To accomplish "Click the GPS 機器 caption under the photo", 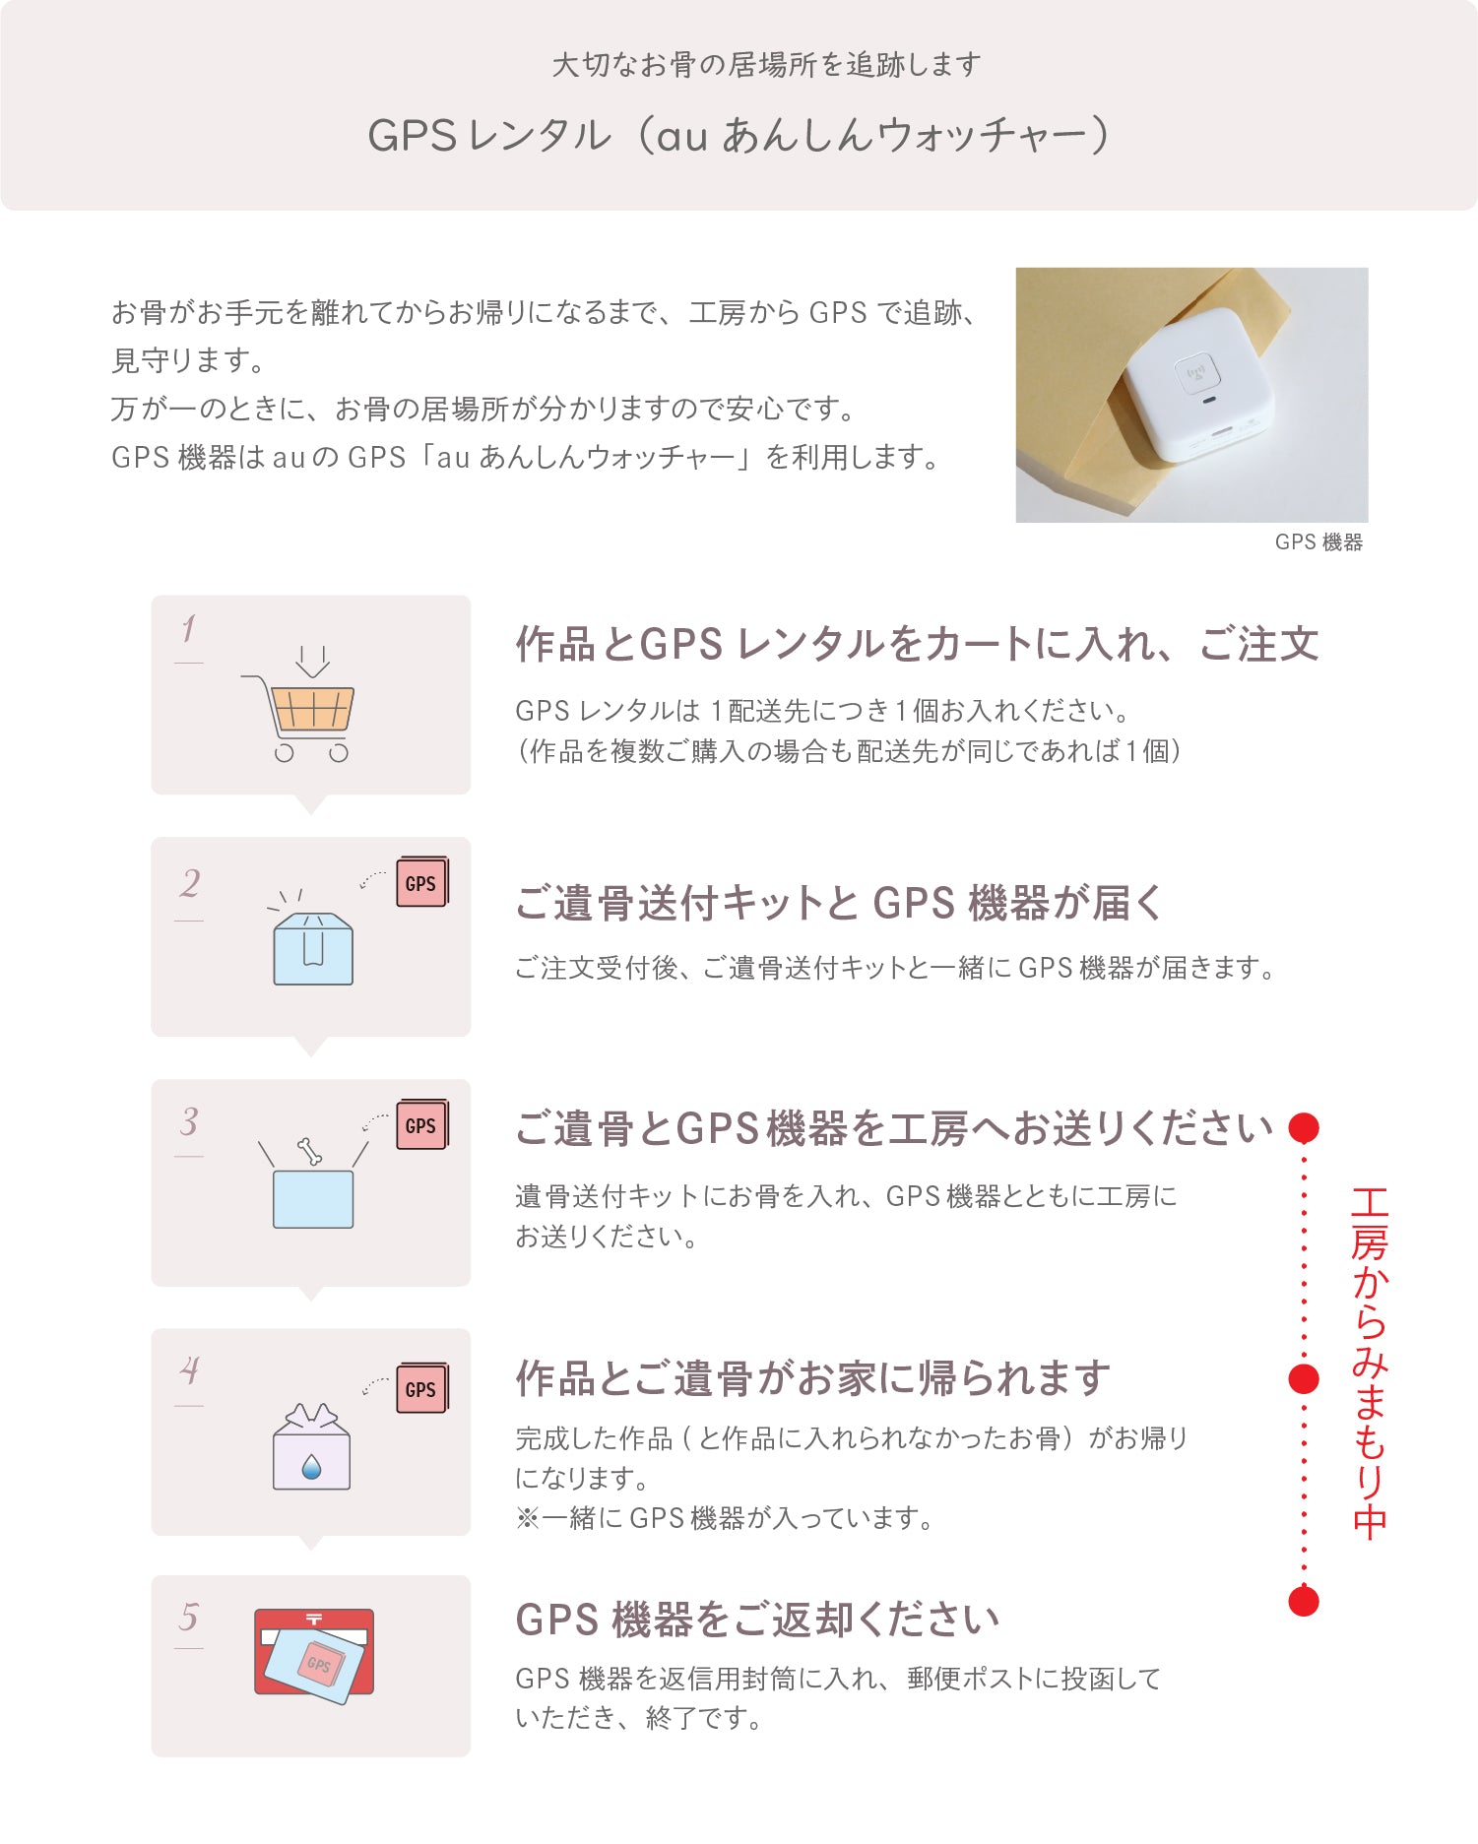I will pyautogui.click(x=1317, y=542).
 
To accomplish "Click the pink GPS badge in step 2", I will pyautogui.click(x=421, y=883).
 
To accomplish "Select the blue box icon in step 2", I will pyautogui.click(x=313, y=949).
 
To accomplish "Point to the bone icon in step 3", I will pyautogui.click(x=309, y=1150).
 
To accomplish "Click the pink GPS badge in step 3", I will pyautogui.click(x=421, y=1125).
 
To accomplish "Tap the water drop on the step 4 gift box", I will pyautogui.click(x=311, y=1467).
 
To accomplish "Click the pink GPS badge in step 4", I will pyautogui.click(x=421, y=1389).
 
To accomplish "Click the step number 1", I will pyautogui.click(x=188, y=629).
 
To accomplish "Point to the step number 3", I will pyautogui.click(x=188, y=1121).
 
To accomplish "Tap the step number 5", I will pyautogui.click(x=188, y=1617).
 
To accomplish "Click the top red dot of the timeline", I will pyautogui.click(x=1304, y=1127).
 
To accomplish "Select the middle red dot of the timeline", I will pyautogui.click(x=1304, y=1379).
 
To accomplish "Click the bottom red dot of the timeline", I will pyautogui.click(x=1304, y=1601).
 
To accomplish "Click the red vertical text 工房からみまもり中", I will pyautogui.click(x=1369, y=1363).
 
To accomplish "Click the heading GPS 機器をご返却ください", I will pyautogui.click(x=756, y=1620).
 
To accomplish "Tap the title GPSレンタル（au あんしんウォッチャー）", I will pyautogui.click(x=739, y=135).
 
